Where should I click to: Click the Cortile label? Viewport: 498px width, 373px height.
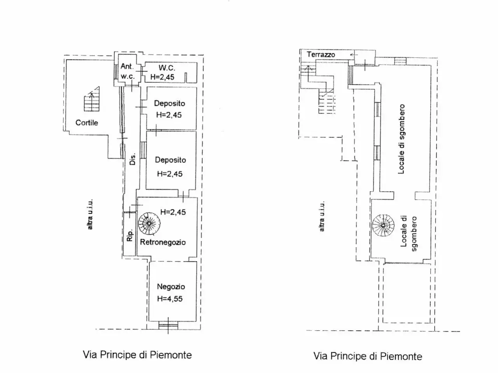(87, 123)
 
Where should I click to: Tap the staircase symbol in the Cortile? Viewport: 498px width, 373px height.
(92, 99)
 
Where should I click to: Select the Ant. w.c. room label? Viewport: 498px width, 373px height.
(128, 71)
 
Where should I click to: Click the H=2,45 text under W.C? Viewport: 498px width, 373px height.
(162, 77)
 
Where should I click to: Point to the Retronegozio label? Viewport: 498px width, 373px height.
(163, 242)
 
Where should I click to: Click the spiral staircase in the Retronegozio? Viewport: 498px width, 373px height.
(149, 223)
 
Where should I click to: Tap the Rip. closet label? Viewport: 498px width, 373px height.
(130, 236)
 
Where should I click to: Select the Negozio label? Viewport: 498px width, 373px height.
(171, 286)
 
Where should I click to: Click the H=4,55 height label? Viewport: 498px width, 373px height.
(170, 299)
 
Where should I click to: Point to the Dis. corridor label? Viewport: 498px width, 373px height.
(133, 159)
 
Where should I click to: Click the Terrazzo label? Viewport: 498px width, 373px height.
(321, 54)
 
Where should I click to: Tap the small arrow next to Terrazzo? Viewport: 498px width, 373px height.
(354, 55)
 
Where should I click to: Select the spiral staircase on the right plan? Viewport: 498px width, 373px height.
(383, 225)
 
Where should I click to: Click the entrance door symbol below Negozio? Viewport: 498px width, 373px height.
(168, 326)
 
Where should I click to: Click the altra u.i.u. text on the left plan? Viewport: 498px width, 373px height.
(90, 214)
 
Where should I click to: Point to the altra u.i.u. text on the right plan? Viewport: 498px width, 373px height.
(321, 216)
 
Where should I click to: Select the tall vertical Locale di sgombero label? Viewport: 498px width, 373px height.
(402, 139)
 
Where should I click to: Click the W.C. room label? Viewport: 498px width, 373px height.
(167, 68)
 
